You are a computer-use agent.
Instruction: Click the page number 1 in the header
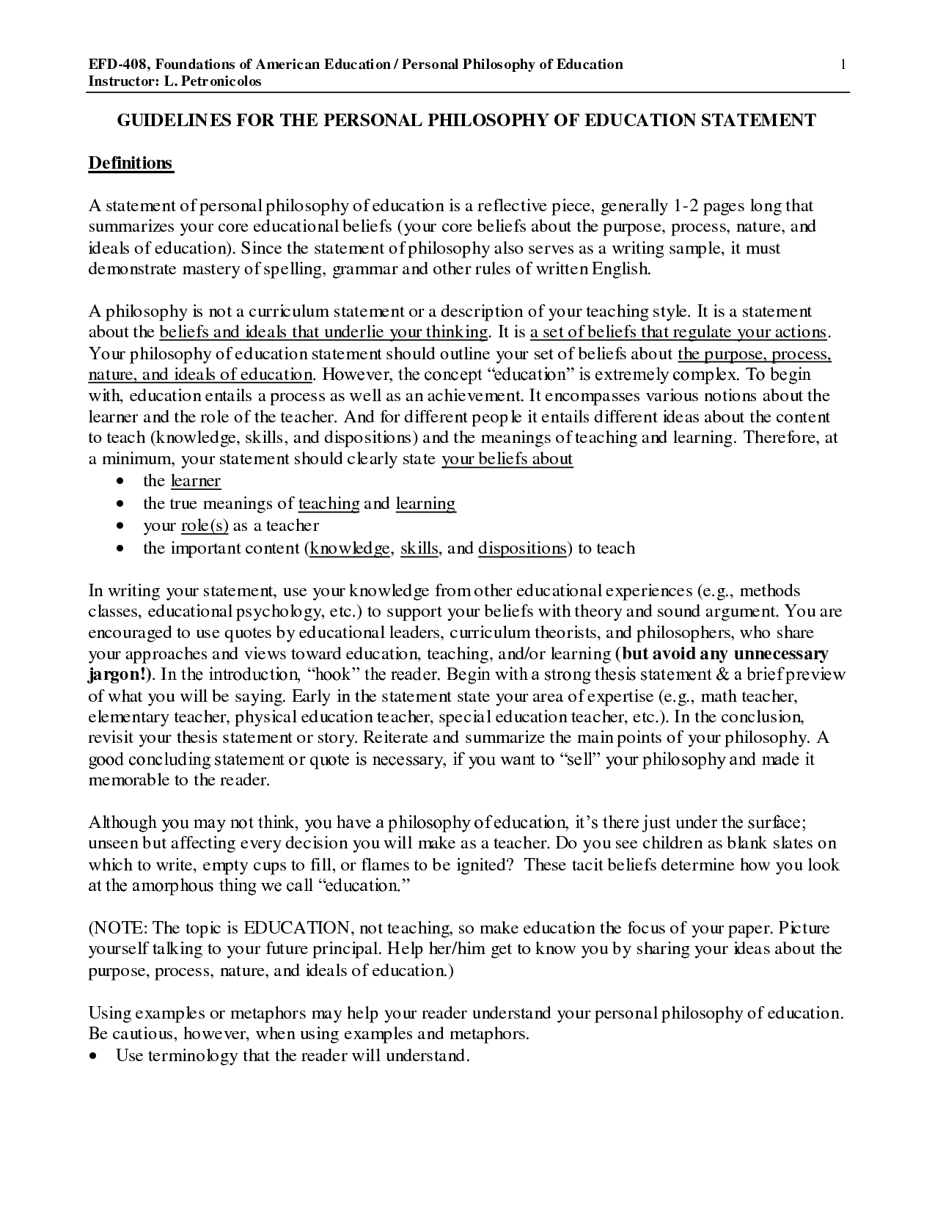click(844, 65)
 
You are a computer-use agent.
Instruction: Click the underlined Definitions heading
click(131, 163)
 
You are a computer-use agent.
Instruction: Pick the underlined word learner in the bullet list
click(195, 481)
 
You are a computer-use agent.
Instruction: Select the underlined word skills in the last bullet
click(419, 549)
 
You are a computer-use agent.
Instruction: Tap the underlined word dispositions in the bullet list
click(522, 549)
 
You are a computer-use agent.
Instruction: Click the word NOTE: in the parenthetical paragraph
click(121, 928)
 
